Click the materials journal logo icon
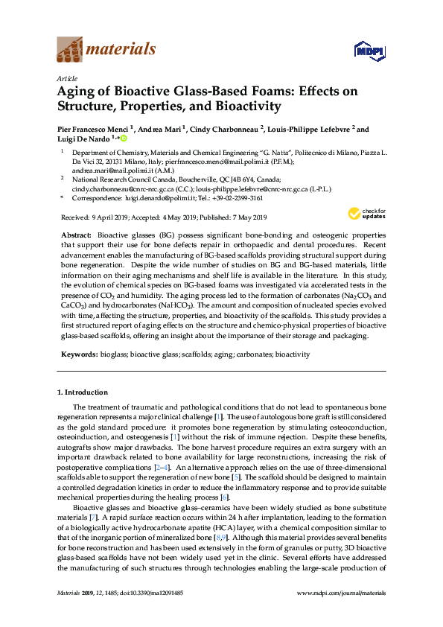pyautogui.click(x=70, y=51)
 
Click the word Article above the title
pyautogui.click(x=66, y=78)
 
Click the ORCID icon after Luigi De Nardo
pyautogui.click(x=122, y=139)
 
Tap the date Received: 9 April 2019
pyautogui.click(x=92, y=217)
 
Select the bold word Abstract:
pyautogui.click(x=77, y=234)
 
